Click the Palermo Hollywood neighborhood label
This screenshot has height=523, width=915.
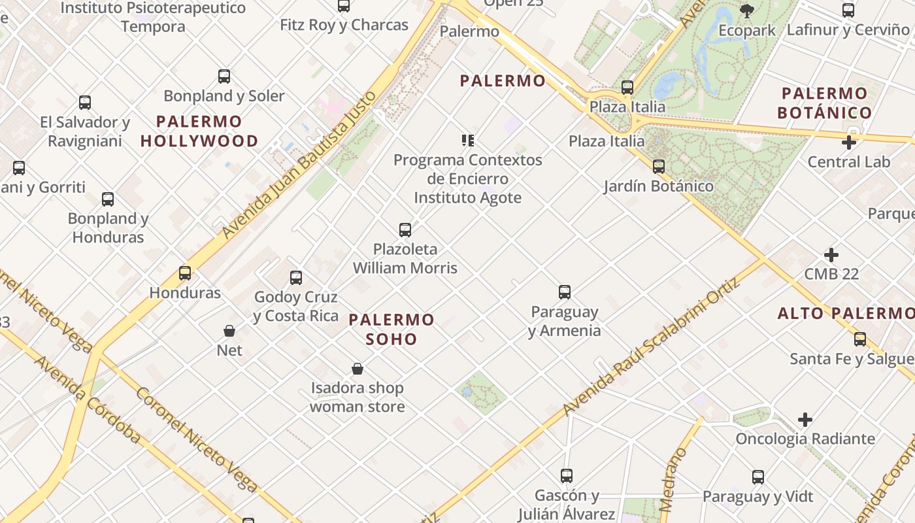pos(199,131)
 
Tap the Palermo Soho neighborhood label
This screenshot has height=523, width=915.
pos(391,329)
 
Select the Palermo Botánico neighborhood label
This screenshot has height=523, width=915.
pos(825,103)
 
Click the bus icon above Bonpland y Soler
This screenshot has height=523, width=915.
pos(224,76)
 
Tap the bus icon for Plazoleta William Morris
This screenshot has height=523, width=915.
pos(405,229)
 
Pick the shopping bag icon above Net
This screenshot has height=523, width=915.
pos(229,331)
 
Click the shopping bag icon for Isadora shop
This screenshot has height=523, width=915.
pos(358,369)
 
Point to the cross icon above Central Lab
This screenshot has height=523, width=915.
pos(849,142)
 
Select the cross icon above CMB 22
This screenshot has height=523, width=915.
pos(831,254)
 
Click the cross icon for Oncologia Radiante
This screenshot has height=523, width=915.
pos(805,419)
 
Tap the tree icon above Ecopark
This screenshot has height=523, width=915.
pos(746,10)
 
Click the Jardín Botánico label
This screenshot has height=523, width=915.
pos(658,186)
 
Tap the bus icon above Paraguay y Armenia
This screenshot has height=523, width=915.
pos(565,292)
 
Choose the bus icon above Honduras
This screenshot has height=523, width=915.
pos(185,273)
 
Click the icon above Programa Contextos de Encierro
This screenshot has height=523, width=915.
pos(467,140)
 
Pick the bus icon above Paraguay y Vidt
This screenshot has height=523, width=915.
pos(758,477)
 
